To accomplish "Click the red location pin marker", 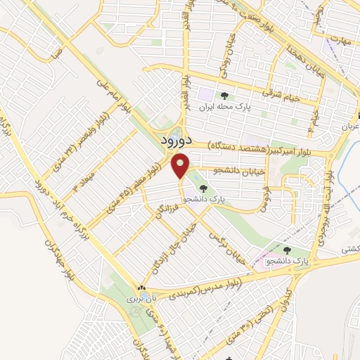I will pos(181,166).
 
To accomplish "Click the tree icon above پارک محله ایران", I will pos(224,96).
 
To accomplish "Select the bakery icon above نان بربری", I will pos(142,288).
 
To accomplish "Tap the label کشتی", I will pos(350,248).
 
